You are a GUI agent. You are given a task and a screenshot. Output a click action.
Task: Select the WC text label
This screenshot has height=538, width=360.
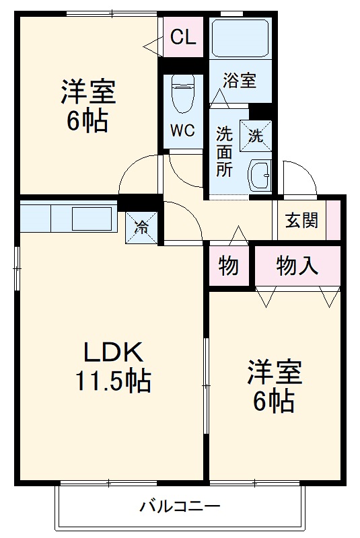point(182,130)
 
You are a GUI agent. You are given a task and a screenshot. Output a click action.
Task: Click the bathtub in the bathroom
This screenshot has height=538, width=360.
point(240,38)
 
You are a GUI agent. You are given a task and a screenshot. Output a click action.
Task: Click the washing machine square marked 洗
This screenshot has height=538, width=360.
point(256,134)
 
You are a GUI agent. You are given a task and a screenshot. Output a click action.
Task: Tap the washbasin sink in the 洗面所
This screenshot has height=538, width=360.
point(259,176)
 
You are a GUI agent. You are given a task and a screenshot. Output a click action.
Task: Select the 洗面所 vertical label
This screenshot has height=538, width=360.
point(224,151)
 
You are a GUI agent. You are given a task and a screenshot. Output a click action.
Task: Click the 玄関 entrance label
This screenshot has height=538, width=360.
point(301,220)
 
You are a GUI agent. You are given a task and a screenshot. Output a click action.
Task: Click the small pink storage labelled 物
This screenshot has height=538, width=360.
point(229,267)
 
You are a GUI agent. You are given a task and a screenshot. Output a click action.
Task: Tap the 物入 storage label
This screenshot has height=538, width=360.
point(297,267)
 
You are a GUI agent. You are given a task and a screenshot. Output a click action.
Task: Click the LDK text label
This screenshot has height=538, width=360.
point(112,352)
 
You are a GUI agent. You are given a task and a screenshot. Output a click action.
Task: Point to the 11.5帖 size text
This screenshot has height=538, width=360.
point(112,382)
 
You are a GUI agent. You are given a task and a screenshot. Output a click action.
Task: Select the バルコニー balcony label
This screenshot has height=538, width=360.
point(180,506)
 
